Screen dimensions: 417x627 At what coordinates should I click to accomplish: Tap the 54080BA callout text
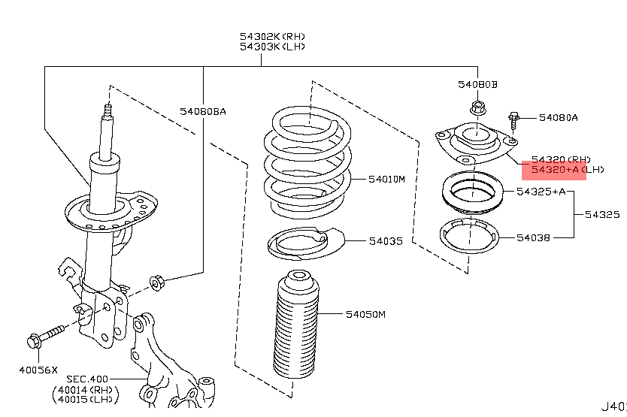point(202,112)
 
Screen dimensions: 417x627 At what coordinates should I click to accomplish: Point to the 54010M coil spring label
point(386,180)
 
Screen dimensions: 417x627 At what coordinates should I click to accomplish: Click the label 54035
point(386,242)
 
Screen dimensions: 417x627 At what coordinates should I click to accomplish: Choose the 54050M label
point(365,314)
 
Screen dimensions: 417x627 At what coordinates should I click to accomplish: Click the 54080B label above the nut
point(477,84)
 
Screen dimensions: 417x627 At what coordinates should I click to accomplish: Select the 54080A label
point(558,117)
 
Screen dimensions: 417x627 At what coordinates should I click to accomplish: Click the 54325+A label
point(541,192)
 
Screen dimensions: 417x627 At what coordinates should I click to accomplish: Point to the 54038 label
point(534,237)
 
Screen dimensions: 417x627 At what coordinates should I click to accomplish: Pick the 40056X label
point(38,369)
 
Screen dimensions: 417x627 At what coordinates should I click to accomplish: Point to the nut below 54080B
point(477,108)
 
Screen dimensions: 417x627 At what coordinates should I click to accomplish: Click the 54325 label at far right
point(603,214)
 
